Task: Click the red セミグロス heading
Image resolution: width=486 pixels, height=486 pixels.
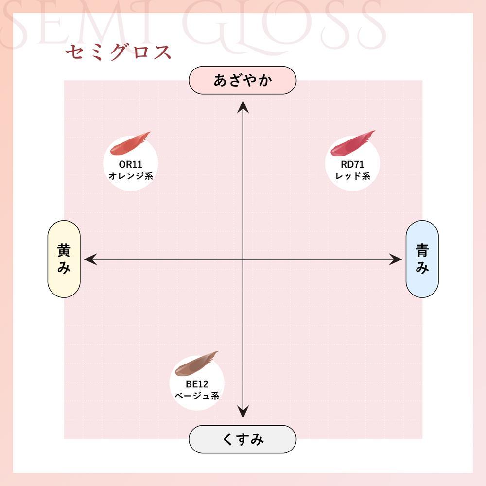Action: tap(118, 52)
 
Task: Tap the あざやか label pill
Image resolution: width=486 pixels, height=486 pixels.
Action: tap(243, 80)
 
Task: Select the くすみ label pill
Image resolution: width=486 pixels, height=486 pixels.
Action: tap(243, 439)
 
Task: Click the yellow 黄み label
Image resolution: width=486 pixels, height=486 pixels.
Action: tap(64, 259)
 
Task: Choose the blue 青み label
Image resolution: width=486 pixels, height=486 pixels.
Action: tap(422, 259)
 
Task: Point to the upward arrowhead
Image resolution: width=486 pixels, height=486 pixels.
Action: tap(243, 106)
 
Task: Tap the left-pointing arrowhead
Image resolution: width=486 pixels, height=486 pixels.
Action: tap(90, 260)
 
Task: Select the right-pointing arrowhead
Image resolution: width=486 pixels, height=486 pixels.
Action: tap(396, 260)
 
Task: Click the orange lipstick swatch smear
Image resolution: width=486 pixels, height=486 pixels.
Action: tap(130, 144)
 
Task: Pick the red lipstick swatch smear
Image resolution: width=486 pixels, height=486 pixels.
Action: tap(352, 143)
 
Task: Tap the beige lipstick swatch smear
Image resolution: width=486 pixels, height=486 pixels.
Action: tap(196, 363)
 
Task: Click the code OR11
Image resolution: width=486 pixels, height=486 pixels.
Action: tap(130, 164)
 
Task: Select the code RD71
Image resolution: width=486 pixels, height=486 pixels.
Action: tap(352, 164)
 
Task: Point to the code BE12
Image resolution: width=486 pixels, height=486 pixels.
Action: tap(197, 384)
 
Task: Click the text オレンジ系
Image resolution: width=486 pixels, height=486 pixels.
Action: tap(131, 176)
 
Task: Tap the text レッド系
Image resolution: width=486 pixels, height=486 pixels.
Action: tap(353, 176)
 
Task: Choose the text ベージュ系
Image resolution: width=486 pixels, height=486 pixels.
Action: tap(197, 396)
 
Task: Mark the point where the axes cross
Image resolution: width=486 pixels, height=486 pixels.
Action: tap(243, 260)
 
